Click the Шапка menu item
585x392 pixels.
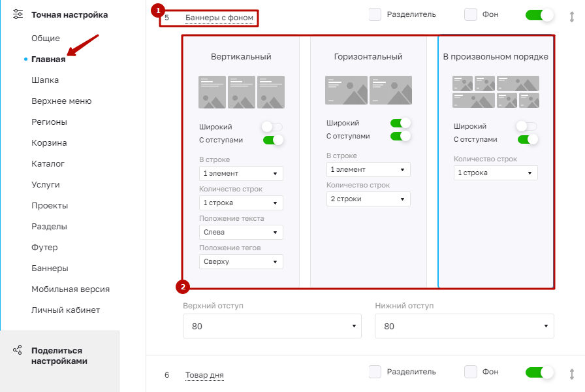pos(45,80)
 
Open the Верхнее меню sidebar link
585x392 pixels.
pos(61,101)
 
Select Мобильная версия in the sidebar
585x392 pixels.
pos(71,289)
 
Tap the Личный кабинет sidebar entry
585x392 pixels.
pos(66,310)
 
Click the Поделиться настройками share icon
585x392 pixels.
pos(18,350)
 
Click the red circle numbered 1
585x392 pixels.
pos(158,10)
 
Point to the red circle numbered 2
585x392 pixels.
pos(183,287)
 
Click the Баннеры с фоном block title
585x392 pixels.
pos(219,18)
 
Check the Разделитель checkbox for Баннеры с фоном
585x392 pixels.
pos(375,14)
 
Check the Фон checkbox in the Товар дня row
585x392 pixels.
pos(471,372)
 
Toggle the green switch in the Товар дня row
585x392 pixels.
pos(539,372)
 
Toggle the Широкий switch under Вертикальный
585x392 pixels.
pos(272,127)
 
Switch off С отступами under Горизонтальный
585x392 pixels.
pos(400,137)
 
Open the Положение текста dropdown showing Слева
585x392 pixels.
pos(241,232)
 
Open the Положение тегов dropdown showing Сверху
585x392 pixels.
pos(241,262)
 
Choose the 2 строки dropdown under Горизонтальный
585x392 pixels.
pos(368,199)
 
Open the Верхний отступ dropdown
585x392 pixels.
pos(272,326)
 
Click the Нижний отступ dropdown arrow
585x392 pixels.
pos(546,326)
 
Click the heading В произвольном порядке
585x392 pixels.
pos(496,57)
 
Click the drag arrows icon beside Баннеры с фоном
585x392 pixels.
pos(571,17)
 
